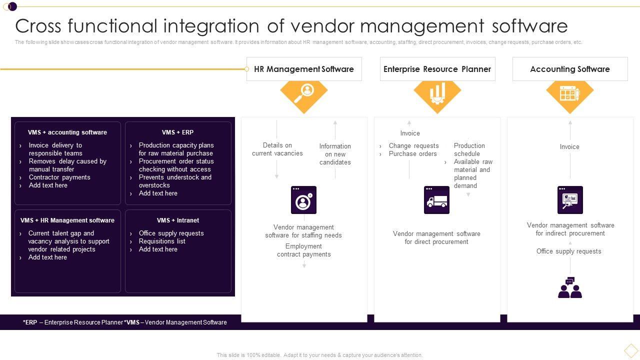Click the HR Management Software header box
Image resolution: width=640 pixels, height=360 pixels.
point(303,69)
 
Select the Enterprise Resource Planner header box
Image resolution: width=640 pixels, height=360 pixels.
point(437,69)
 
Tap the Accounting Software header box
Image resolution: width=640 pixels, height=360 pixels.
point(569,69)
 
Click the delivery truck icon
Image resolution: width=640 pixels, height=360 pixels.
point(436,200)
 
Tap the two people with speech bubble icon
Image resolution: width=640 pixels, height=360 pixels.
point(570,288)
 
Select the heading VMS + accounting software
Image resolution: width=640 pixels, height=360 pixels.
point(67,132)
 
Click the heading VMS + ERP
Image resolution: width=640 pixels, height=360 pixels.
point(177,132)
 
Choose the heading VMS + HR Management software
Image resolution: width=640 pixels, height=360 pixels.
point(67,220)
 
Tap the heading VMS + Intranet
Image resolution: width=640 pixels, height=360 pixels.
point(177,220)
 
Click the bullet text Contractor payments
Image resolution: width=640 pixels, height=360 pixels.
point(59,177)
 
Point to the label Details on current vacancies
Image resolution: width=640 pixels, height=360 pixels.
point(277,149)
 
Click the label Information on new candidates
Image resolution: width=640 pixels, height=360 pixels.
point(335,154)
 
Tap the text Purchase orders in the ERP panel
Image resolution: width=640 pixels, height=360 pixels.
point(412,154)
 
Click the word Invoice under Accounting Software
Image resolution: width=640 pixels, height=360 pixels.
point(569,147)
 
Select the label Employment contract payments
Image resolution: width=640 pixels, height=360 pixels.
point(303,250)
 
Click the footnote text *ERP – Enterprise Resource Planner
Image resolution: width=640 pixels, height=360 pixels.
point(73,322)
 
